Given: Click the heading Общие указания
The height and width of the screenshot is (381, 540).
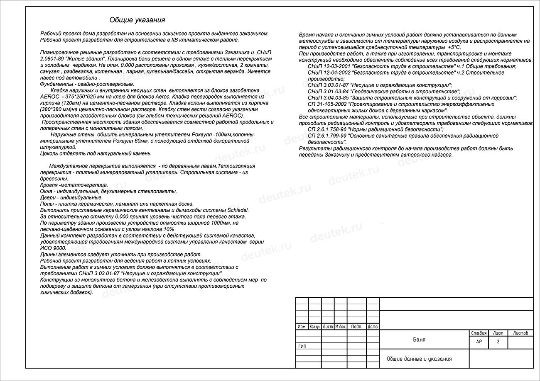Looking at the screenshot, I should (x=137, y=20).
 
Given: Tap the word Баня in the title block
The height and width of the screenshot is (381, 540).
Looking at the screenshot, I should (x=419, y=340).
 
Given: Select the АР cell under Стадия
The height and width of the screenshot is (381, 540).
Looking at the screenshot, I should (x=479, y=342).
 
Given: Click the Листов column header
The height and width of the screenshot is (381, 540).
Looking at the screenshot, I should (x=520, y=333).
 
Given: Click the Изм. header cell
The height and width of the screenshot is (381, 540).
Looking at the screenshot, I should (x=302, y=327).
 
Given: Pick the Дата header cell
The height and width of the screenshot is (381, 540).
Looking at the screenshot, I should (x=373, y=327).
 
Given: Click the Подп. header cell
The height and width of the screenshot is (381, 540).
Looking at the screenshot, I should (x=356, y=327).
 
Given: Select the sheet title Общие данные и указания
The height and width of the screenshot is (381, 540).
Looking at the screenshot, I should (x=419, y=359).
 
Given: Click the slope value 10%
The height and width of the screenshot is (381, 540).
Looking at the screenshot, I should (x=169, y=229).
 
